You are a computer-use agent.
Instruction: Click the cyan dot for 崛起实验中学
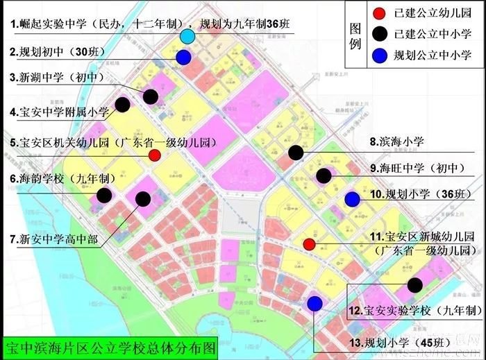click(x=187, y=37)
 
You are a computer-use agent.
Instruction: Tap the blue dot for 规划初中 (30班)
click(x=183, y=58)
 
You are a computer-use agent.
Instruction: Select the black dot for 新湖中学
click(x=151, y=96)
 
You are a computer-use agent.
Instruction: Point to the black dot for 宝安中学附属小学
click(x=123, y=105)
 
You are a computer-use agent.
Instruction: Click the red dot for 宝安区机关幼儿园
click(x=155, y=155)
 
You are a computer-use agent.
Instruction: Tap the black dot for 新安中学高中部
click(x=144, y=199)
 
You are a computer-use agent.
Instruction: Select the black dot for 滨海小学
click(x=296, y=153)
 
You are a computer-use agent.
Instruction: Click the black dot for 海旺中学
click(x=324, y=175)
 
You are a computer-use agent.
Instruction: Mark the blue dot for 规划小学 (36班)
click(x=352, y=200)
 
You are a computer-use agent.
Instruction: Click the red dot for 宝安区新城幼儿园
click(x=310, y=243)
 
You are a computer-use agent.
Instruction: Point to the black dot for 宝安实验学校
click(x=415, y=284)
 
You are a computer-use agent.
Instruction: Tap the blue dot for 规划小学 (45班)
click(x=315, y=303)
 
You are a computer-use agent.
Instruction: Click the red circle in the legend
click(x=378, y=13)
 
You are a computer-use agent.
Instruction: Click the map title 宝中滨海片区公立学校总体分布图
click(x=110, y=344)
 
